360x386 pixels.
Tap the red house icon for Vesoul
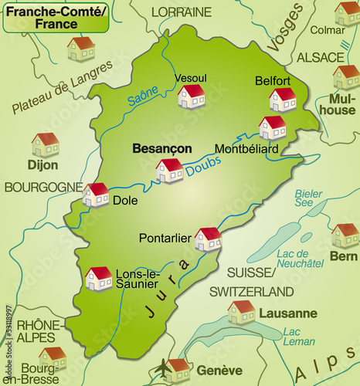pos(191,96)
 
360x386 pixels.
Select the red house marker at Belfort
pos(283,99)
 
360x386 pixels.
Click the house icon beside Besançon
pos(169,170)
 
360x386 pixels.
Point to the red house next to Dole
pos(97,195)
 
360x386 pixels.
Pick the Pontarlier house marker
pos(208,239)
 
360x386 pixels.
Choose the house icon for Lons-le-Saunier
pos(99,278)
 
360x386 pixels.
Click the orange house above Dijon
pos(46,144)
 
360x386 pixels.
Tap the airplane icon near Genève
pos(163,371)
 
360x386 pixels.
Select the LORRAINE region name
pos(181,12)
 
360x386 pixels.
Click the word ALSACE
pos(320,57)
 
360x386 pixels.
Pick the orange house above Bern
pos(345,235)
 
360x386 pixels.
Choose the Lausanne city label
pos(288,313)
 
